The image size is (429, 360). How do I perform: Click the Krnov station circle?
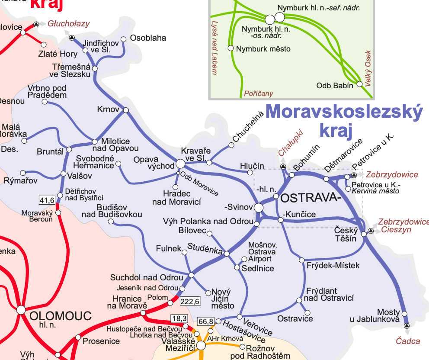click(x=126, y=110)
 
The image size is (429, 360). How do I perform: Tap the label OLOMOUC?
click(x=60, y=316)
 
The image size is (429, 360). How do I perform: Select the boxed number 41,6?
click(x=47, y=200)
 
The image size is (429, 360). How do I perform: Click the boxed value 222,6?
click(x=190, y=301)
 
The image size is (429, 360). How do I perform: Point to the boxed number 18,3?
click(x=179, y=319)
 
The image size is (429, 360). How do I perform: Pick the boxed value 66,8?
click(x=205, y=321)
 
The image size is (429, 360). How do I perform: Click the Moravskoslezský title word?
click(x=344, y=112)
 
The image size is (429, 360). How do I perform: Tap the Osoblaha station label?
click(x=148, y=38)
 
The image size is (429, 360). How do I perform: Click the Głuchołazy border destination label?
click(x=69, y=23)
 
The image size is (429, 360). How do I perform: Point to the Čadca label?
click(x=408, y=341)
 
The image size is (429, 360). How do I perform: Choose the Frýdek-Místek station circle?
click(x=302, y=260)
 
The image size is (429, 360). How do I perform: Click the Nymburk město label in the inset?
click(x=263, y=49)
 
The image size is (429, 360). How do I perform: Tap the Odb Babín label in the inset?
click(x=335, y=85)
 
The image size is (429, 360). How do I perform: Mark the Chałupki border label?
click(x=289, y=143)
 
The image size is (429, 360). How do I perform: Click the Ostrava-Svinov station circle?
click(x=259, y=208)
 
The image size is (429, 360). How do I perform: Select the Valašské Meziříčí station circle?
click(x=202, y=345)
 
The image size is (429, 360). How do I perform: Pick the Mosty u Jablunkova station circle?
click(x=404, y=313)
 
